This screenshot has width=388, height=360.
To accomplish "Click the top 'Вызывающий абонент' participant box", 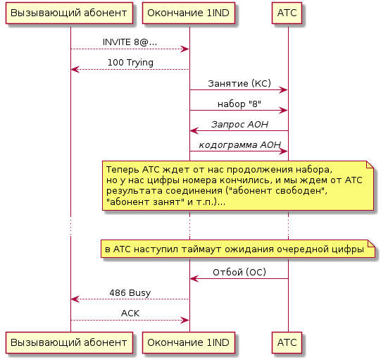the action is click(69, 13).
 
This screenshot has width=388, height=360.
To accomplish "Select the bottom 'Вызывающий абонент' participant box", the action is click(69, 342).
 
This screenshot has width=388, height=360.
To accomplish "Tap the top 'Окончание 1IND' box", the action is click(189, 13).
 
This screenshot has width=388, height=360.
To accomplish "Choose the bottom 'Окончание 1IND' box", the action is click(189, 342).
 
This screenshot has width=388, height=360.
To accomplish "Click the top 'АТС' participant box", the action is click(287, 13).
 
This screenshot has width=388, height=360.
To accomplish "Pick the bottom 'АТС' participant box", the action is click(287, 342).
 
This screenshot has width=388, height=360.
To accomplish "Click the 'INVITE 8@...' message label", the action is click(130, 42).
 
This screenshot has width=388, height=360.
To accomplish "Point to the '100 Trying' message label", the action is click(130, 63).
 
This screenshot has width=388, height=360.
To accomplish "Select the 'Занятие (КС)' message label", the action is click(239, 83).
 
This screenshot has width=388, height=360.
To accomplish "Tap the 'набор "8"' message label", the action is click(239, 104).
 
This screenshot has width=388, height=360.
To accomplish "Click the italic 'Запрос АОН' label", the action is click(239, 124).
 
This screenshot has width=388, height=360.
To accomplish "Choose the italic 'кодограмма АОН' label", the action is click(240, 145).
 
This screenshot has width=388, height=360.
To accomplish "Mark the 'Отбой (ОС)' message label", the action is click(239, 272).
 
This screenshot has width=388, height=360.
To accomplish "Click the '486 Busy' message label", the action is click(130, 293).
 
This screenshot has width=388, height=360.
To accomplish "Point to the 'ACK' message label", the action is click(130, 314).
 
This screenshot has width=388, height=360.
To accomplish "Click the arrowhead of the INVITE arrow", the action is click(185, 49).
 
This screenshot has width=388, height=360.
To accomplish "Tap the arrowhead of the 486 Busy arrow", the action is click(75, 299).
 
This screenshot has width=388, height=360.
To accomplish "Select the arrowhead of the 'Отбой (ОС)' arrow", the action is click(194, 279).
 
